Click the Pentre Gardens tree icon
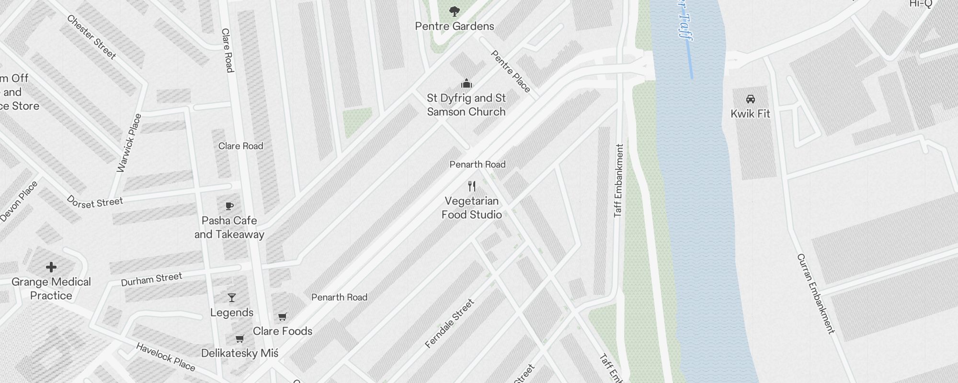(x=455, y=11)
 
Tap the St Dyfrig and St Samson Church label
(x=466, y=105)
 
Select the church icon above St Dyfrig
(x=467, y=84)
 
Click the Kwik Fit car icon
(x=751, y=99)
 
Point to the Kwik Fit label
(x=750, y=114)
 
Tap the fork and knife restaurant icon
(x=472, y=186)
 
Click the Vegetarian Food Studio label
(x=472, y=208)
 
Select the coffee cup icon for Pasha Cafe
(x=229, y=206)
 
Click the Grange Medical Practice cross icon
(x=51, y=267)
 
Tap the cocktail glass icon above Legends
(x=232, y=298)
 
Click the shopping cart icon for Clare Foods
(x=283, y=316)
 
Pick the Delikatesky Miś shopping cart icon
(x=240, y=339)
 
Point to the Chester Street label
(x=91, y=37)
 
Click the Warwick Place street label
(x=129, y=143)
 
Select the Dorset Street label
(x=95, y=202)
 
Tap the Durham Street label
(x=151, y=279)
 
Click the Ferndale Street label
(x=449, y=323)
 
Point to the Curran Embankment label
(x=816, y=293)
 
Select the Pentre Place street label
(x=511, y=71)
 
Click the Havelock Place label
(x=166, y=357)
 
